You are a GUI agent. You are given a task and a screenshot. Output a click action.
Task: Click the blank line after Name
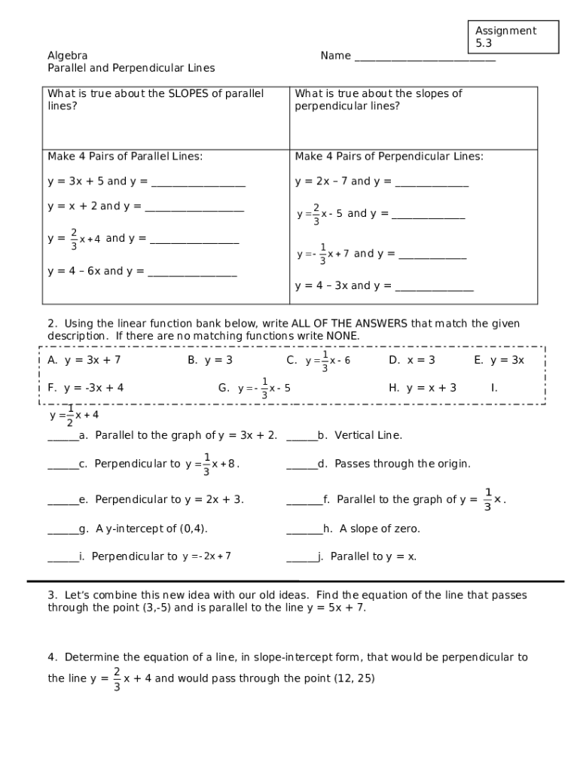[x=425, y=57]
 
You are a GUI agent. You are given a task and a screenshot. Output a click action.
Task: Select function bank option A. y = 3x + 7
[x=84, y=360]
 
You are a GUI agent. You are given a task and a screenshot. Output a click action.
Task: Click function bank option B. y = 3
[x=210, y=360]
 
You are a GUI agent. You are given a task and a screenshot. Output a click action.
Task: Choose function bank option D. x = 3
[x=412, y=360]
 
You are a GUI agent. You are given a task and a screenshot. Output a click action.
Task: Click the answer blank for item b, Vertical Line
[x=301, y=437]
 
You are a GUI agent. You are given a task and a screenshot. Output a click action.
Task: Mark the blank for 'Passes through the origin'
[x=301, y=465]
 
